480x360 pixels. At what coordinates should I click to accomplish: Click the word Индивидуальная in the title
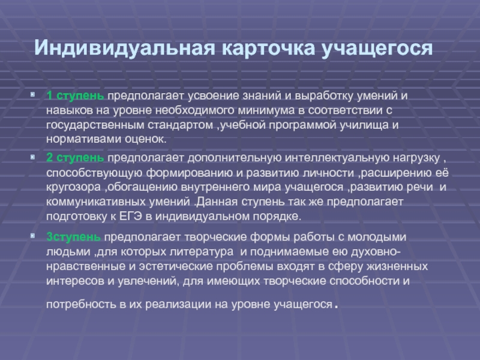(125, 48)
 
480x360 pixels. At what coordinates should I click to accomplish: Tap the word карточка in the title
(268, 48)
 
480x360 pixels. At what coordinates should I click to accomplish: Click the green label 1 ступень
(75, 96)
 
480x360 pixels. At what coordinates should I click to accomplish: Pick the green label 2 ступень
(75, 158)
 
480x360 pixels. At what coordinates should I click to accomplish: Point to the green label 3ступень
(73, 237)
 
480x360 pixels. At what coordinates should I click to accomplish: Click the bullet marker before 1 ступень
(33, 95)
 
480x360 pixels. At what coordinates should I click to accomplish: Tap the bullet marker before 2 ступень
(33, 157)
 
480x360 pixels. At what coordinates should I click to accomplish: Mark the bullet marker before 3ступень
(33, 236)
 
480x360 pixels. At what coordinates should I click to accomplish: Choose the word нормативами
(84, 140)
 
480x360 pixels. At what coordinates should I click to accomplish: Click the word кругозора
(73, 187)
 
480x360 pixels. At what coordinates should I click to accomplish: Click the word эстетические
(176, 266)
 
